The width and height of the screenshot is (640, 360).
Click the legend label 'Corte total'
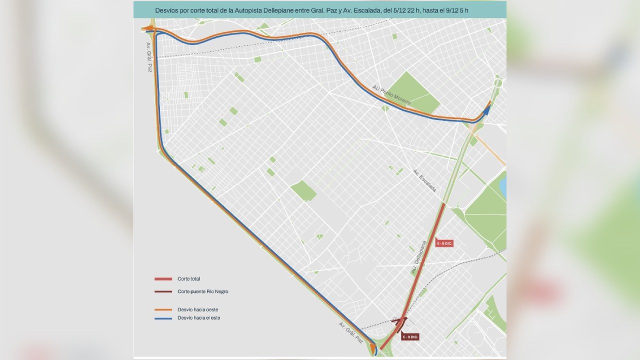pyautogui.click(x=188, y=279)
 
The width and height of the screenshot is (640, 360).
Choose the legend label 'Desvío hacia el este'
pyautogui.click(x=198, y=318)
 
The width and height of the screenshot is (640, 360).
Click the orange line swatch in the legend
pyautogui.click(x=163, y=309)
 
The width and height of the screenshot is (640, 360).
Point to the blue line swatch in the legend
pyautogui.click(x=163, y=318)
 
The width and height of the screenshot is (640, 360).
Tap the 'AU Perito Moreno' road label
pyautogui.click(x=391, y=95)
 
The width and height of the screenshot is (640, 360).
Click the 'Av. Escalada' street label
pyautogui.click(x=424, y=180)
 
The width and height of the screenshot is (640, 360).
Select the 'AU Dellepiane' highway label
pyautogui.click(x=418, y=257)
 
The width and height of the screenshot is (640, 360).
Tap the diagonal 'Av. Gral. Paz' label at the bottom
pyautogui.click(x=350, y=332)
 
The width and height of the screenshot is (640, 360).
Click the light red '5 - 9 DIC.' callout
pyautogui.click(x=444, y=243)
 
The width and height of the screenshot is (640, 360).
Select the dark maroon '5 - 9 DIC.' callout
pyautogui.click(x=409, y=337)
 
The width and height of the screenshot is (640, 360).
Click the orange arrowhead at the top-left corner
pyautogui.click(x=146, y=29)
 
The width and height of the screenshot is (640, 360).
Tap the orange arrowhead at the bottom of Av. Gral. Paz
pyautogui.click(x=372, y=345)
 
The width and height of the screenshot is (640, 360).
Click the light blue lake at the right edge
pyautogui.click(x=503, y=186)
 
